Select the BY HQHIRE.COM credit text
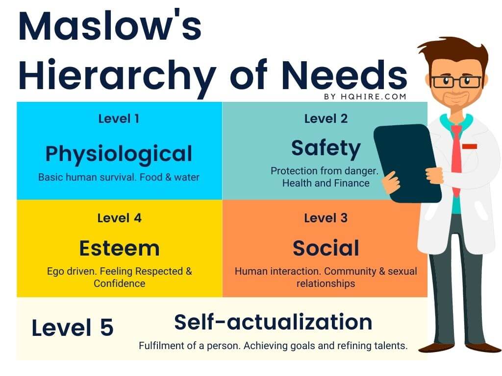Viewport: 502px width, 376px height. [365, 96]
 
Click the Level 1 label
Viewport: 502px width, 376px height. [119, 118]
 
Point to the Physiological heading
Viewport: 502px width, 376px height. [119, 155]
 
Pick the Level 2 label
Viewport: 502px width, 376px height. [326, 118]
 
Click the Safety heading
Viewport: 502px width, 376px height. [326, 149]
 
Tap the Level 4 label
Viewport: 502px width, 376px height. [120, 218]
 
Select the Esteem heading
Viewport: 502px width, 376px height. [120, 248]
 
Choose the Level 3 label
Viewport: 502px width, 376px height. [326, 218]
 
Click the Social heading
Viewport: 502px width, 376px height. [326, 248]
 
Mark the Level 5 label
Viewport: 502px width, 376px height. [73, 328]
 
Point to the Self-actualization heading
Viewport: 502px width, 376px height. [274, 322]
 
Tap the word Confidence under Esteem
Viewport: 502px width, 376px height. [120, 283]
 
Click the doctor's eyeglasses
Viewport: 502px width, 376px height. [456, 82]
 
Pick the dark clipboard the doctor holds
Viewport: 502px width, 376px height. [407, 163]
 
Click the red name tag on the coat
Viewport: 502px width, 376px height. [470, 146]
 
